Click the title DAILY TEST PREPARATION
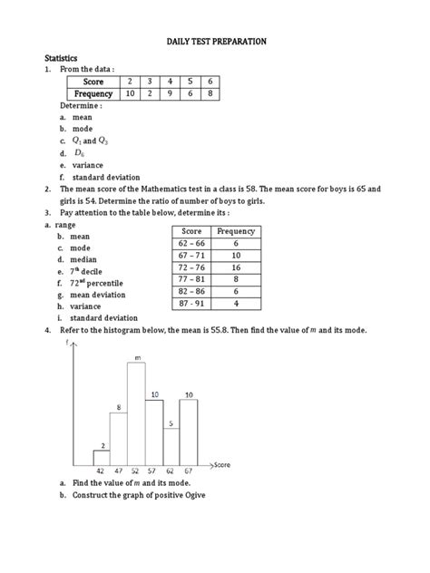(215, 42)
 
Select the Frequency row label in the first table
(95, 94)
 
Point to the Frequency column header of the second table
(236, 231)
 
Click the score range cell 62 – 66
(192, 244)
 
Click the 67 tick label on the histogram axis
(189, 472)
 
